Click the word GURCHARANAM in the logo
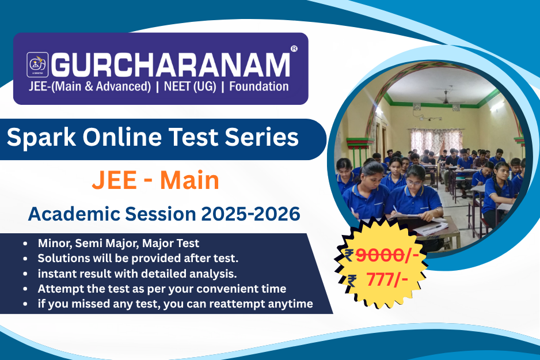(x=171, y=65)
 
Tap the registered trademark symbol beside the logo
(x=294, y=49)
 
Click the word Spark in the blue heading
(x=40, y=138)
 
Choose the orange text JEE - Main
(x=155, y=181)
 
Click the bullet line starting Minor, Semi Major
(x=119, y=243)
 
